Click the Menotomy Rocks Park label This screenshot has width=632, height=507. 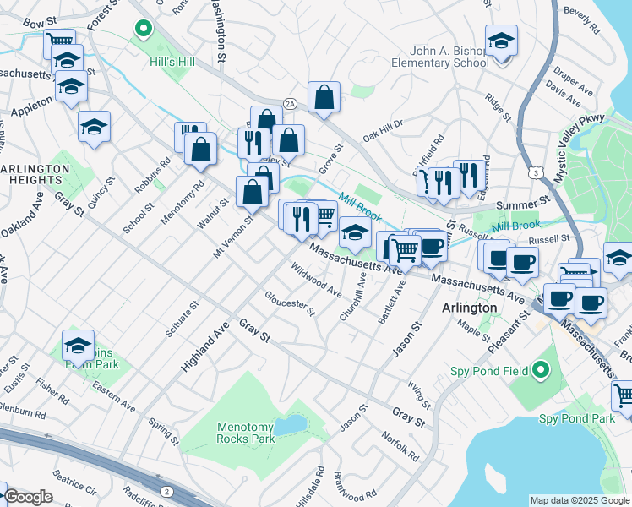tap(246, 433)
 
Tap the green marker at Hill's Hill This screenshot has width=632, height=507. tap(143, 30)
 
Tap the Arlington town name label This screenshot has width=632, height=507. tap(469, 308)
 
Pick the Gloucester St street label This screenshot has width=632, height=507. tap(290, 303)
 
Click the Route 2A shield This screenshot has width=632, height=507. tap(290, 103)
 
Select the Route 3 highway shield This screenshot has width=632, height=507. tap(536, 173)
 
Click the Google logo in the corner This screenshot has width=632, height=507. tap(27, 497)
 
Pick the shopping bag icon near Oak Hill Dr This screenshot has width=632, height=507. tap(324, 97)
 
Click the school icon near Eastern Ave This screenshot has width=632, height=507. tap(78, 345)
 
